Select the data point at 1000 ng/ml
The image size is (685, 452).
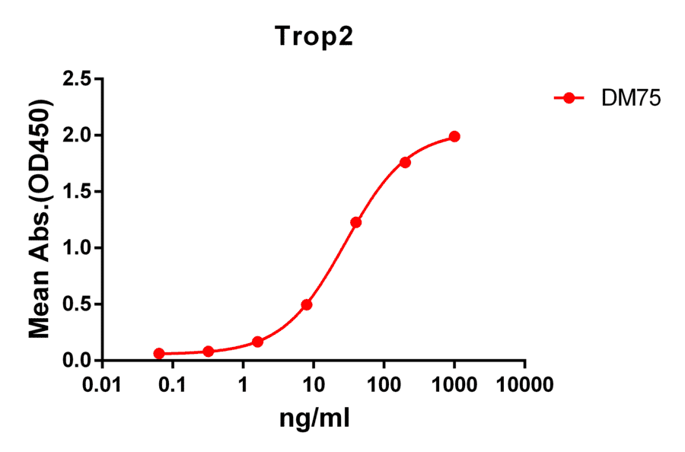coord(454,136)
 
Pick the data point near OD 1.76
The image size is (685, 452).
coord(405,162)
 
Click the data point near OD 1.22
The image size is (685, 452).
coord(355,222)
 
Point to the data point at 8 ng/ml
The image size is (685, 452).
coord(307,304)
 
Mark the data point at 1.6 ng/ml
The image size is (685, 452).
coord(257,342)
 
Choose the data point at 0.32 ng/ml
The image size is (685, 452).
coord(209,351)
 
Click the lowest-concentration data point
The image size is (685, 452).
coord(159,354)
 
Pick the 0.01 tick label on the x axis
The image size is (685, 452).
coord(103,384)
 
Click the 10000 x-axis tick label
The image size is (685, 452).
coord(525,384)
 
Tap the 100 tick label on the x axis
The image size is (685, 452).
coord(384,384)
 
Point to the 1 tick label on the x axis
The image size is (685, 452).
coord(244,384)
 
